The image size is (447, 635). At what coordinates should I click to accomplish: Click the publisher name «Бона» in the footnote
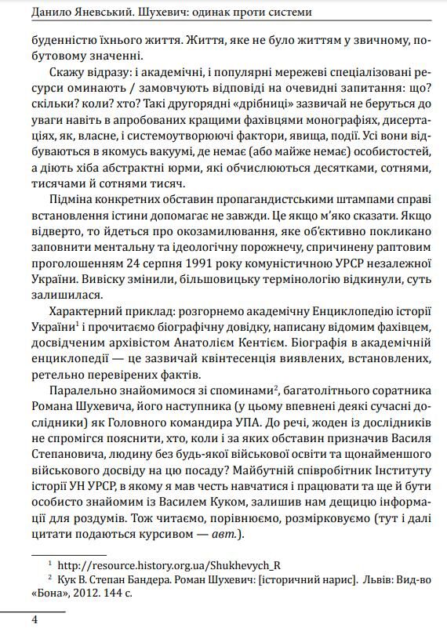pos(49,593)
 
